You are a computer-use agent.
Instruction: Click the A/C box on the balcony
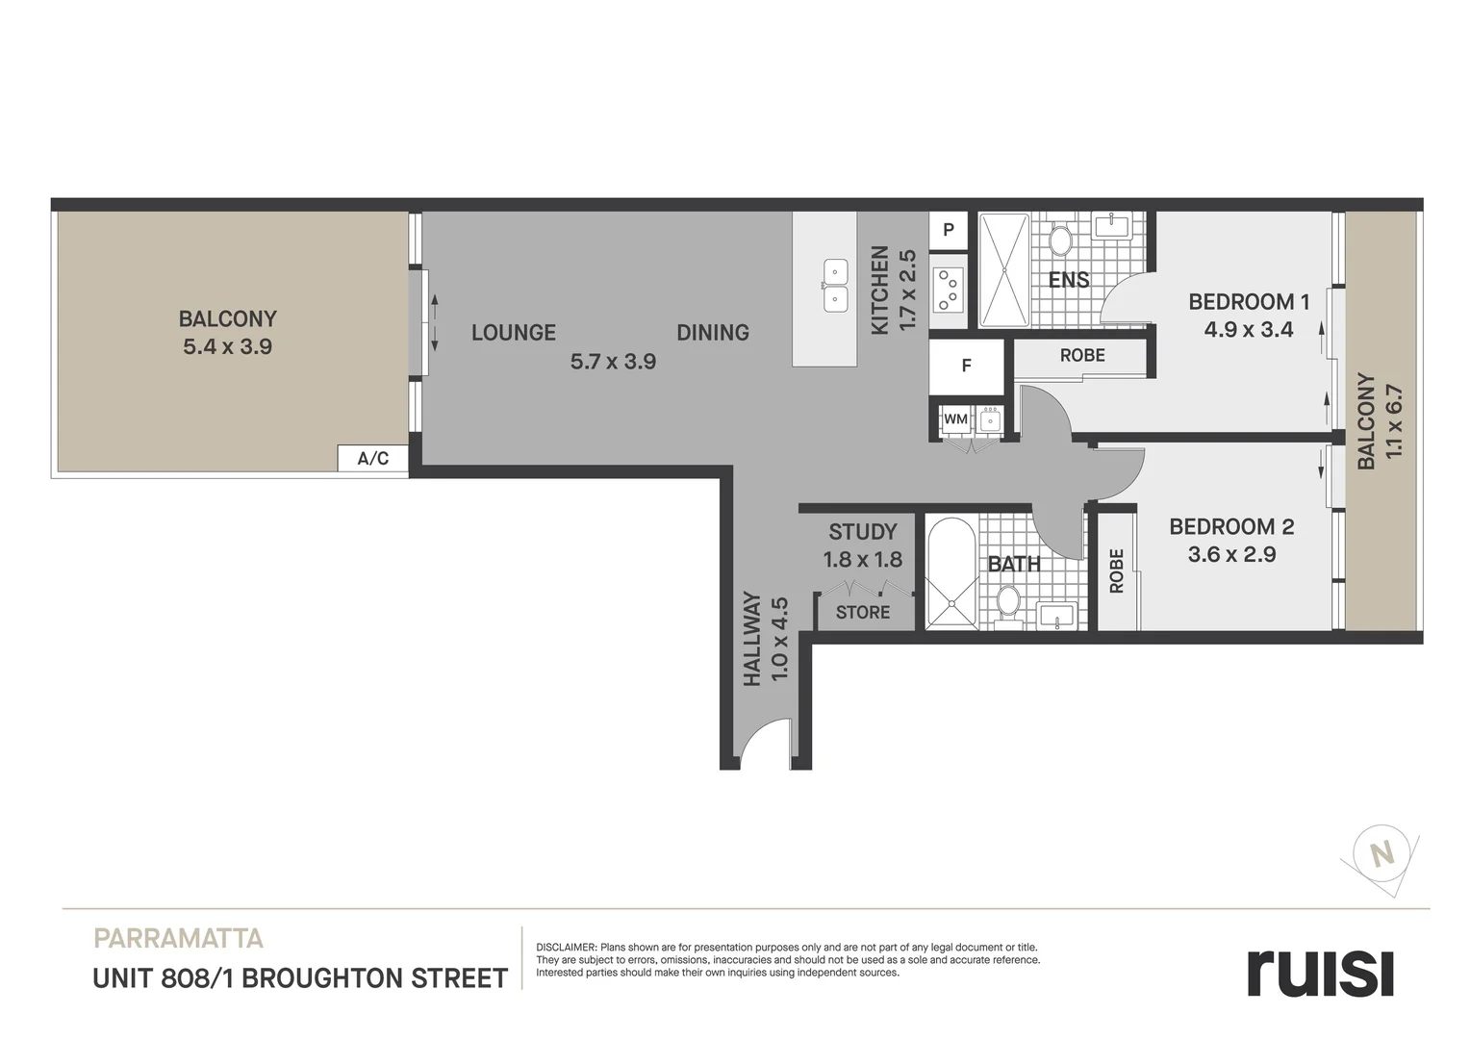[373, 458]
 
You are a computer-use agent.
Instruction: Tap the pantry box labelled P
[949, 230]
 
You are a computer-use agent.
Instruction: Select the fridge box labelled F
[967, 367]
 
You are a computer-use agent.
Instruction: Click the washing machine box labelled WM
[955, 419]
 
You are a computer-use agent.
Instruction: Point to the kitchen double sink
[835, 286]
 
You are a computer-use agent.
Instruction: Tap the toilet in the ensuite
[1061, 239]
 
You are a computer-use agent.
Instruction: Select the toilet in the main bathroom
[1008, 603]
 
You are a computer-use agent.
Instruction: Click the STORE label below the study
[863, 612]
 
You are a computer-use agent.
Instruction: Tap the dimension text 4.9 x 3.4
[1249, 330]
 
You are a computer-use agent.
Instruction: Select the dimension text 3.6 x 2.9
[1231, 554]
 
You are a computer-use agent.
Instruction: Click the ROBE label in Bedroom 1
[1082, 356]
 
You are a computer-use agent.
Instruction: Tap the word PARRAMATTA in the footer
[178, 938]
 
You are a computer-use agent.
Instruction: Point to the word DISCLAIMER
[567, 948]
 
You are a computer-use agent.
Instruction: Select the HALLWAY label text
[752, 639]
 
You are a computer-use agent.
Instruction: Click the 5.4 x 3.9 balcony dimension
[228, 347]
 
